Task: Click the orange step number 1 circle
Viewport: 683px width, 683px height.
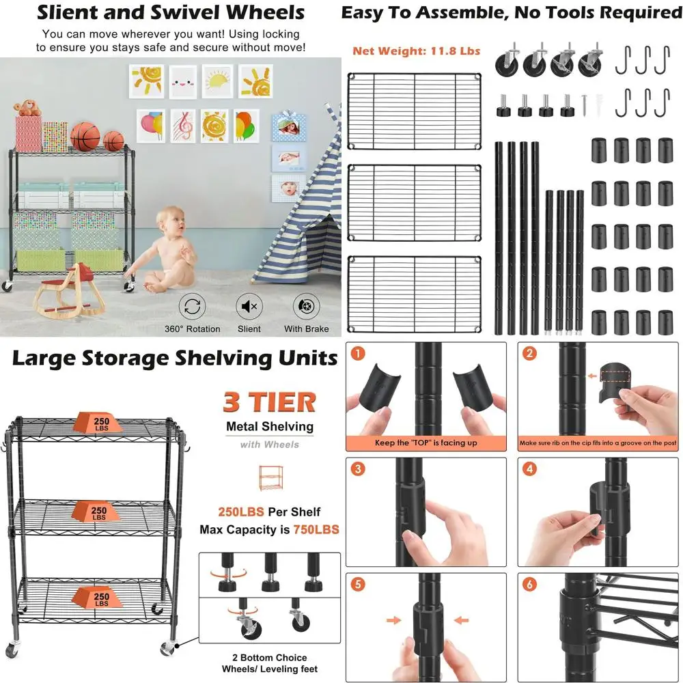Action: click(358, 354)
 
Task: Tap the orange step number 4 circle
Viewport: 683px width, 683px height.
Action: click(529, 470)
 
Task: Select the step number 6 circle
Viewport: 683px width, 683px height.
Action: click(529, 585)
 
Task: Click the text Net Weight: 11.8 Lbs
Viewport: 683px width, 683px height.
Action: click(417, 51)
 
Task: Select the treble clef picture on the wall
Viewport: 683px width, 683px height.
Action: click(182, 126)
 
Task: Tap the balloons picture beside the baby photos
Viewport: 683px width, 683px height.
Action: click(247, 126)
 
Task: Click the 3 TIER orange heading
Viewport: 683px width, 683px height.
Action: click(269, 402)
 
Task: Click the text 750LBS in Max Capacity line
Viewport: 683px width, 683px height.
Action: click(316, 529)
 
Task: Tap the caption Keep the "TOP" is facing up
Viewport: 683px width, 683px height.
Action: click(426, 443)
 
